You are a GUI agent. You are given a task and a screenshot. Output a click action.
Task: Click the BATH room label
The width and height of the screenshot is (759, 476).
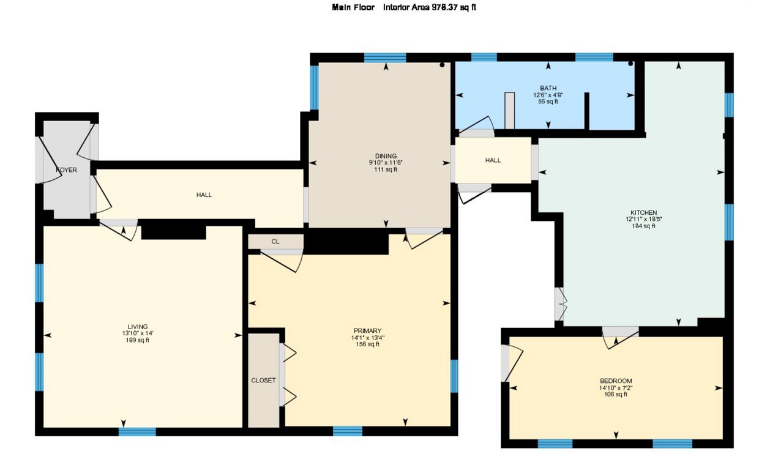548,89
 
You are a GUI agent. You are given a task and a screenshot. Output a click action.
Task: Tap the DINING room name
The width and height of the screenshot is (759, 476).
386,156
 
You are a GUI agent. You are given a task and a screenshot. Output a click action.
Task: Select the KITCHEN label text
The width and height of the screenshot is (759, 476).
643,213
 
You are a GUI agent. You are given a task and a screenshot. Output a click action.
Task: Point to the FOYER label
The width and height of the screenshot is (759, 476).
66,170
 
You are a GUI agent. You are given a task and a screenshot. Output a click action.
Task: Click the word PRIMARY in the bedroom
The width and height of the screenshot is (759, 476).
368,331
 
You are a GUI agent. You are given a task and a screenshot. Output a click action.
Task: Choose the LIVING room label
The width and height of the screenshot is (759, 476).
138,327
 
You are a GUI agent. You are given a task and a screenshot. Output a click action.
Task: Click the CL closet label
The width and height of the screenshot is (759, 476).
275,242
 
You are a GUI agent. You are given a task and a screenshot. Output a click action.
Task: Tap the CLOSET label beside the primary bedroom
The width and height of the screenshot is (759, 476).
263,381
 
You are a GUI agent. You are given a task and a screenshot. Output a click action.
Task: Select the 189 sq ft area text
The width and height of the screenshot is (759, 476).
137,340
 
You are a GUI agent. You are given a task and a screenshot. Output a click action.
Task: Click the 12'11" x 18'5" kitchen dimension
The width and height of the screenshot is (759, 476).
643,219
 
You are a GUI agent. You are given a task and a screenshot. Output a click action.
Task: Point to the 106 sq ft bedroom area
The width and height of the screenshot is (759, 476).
616,395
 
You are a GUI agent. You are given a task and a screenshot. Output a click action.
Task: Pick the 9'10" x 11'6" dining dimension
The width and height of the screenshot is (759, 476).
386,163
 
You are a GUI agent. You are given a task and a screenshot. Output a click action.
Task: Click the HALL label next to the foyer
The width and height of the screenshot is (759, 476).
204,195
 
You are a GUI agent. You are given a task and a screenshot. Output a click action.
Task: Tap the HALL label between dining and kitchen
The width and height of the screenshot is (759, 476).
493,160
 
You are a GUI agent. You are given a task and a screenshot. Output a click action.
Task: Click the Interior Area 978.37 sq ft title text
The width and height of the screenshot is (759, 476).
429,7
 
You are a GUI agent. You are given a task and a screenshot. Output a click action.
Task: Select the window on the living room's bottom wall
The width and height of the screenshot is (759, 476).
137,431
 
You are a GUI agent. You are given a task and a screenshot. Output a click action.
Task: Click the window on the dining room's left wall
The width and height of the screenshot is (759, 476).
314,87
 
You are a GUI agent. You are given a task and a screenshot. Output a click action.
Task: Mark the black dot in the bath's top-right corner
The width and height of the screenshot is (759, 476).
630,64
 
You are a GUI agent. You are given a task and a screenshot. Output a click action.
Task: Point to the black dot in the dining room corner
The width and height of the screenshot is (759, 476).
442,65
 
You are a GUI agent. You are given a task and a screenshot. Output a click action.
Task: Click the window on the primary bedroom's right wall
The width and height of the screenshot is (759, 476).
454,376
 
